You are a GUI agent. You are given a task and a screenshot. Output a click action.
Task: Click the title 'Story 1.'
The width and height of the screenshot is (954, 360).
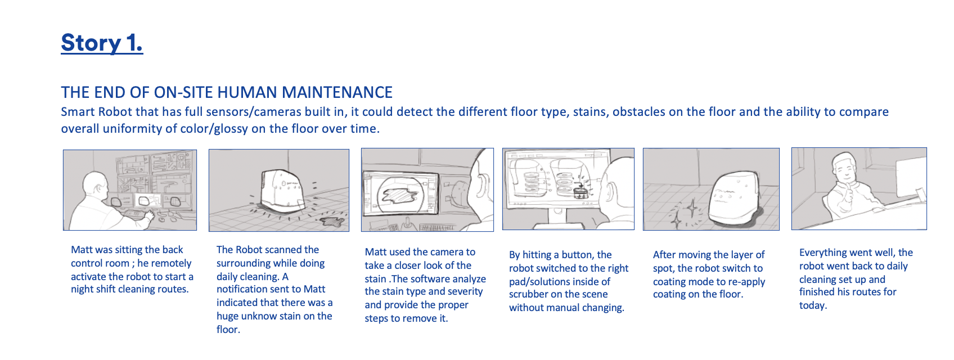[102, 43]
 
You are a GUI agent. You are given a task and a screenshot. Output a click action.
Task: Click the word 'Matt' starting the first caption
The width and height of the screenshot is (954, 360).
[82, 250]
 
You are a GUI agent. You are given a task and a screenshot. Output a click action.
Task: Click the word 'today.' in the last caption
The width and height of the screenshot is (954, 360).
[813, 305]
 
